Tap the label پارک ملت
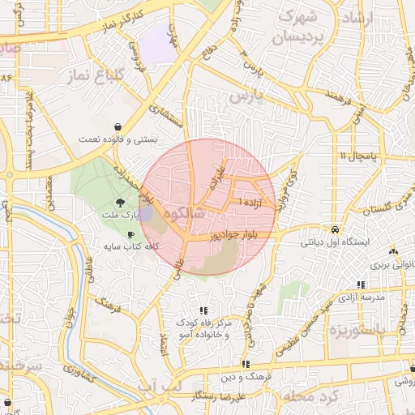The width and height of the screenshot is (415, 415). (x=120, y=216)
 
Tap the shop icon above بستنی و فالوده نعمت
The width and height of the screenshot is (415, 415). (x=119, y=126)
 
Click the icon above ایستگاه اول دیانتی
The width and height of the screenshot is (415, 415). (x=335, y=229)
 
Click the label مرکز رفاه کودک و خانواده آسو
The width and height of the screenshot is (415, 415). (x=205, y=328)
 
